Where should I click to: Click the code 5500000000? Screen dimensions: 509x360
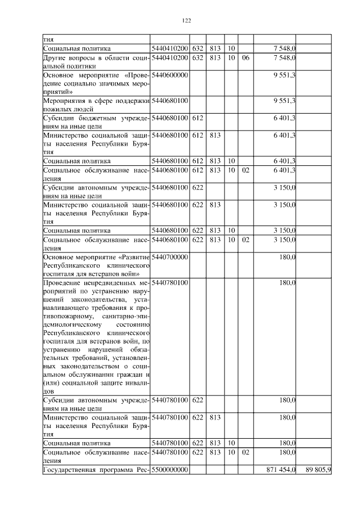pyautogui.click(x=169, y=469)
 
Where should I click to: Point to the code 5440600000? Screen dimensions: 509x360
pyautogui.click(x=169, y=75)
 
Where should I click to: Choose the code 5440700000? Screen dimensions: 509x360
pyautogui.click(x=169, y=257)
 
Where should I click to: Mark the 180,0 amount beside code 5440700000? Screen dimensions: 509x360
pyautogui.click(x=287, y=257)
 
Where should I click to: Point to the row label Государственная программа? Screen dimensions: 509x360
pyautogui.click(x=94, y=469)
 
